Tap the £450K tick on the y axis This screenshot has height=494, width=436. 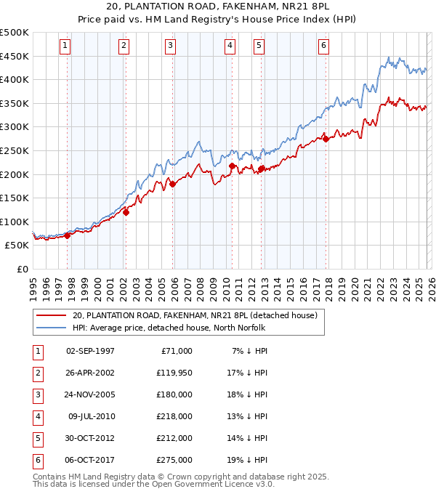(15, 56)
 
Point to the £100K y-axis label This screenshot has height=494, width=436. (15, 222)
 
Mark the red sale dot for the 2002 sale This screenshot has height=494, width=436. (126, 212)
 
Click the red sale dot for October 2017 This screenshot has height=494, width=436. (326, 139)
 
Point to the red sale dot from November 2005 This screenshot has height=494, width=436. (173, 184)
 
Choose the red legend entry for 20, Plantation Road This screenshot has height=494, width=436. (195, 315)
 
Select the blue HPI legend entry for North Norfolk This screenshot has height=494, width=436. (169, 328)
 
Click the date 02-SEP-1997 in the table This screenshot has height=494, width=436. (90, 351)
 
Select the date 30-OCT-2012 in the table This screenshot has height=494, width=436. (90, 438)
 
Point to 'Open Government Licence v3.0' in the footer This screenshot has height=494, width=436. (216, 484)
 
